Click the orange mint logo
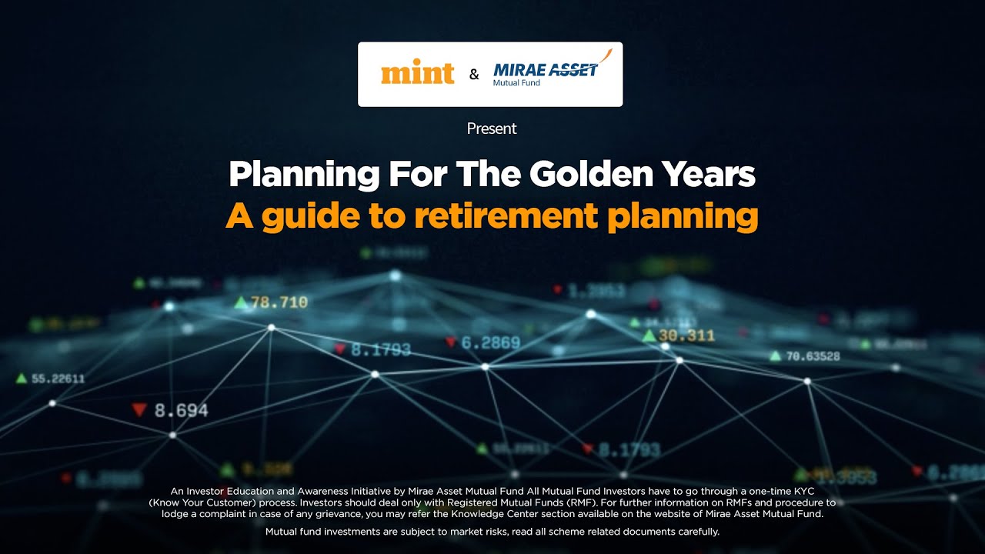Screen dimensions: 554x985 tap(418, 74)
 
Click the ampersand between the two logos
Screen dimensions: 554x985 tap(474, 75)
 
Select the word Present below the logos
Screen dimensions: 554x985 tap(492, 128)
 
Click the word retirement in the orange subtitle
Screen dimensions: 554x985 tap(506, 216)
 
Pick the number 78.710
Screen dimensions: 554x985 tap(279, 302)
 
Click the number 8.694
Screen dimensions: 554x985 tap(182, 411)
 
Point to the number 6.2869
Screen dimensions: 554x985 tap(491, 343)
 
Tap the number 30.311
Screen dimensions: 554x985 tap(686, 335)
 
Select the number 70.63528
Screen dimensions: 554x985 tap(813, 356)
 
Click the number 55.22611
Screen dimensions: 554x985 tap(58, 379)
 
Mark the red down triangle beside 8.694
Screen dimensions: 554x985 tap(139, 410)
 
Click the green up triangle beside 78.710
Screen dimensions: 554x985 tap(242, 302)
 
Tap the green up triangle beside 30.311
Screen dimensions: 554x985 tap(649, 335)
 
